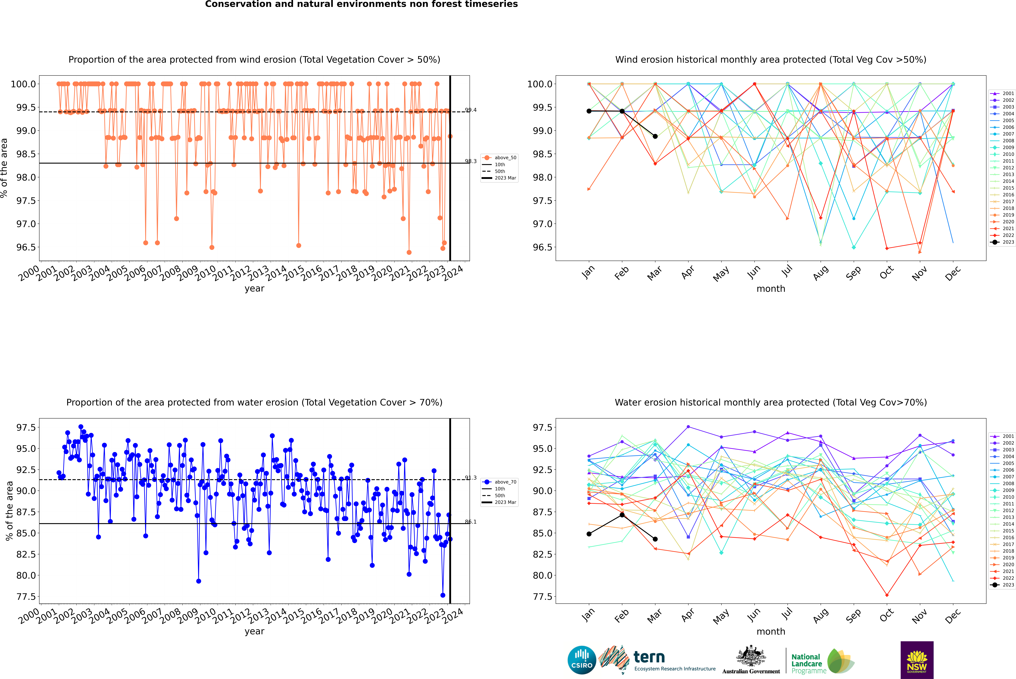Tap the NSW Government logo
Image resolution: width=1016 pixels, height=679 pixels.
[917, 660]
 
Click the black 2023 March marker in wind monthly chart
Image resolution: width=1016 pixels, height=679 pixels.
[655, 136]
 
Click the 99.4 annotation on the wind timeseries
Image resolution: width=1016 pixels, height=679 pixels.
[471, 110]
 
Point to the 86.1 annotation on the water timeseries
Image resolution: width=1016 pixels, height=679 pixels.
[471, 522]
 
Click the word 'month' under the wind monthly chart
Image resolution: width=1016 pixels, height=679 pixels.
[770, 289]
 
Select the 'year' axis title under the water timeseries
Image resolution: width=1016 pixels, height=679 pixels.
[254, 631]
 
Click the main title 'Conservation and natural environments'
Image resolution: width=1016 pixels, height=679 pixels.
[361, 4]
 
